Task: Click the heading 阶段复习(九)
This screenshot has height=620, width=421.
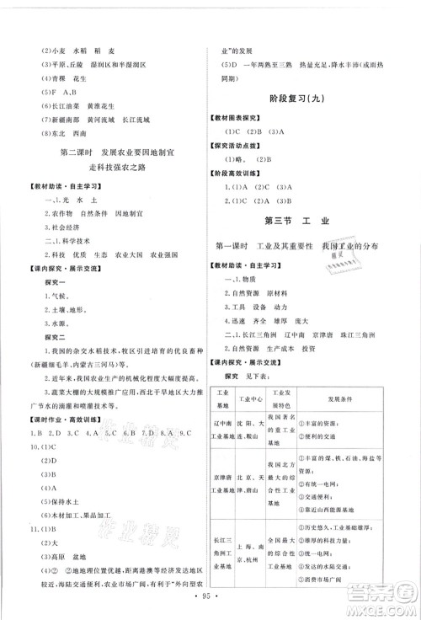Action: (313, 95)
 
